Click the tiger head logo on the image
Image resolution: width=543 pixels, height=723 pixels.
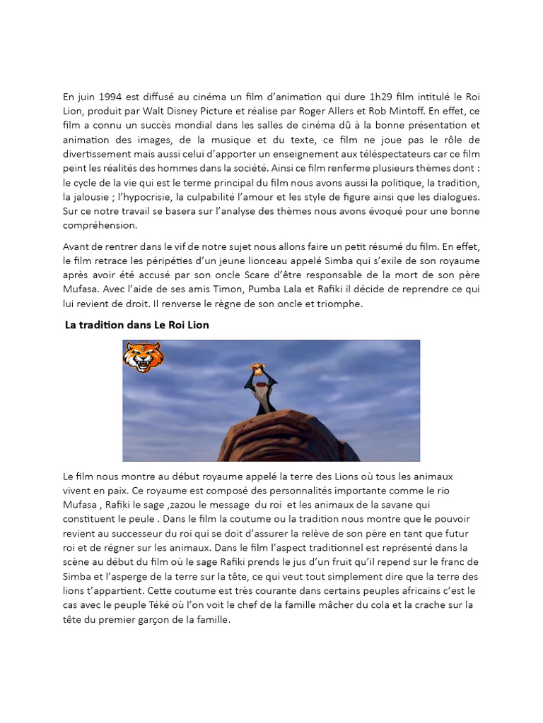tap(143, 357)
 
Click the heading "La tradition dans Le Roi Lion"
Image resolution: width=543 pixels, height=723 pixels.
tap(137, 325)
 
